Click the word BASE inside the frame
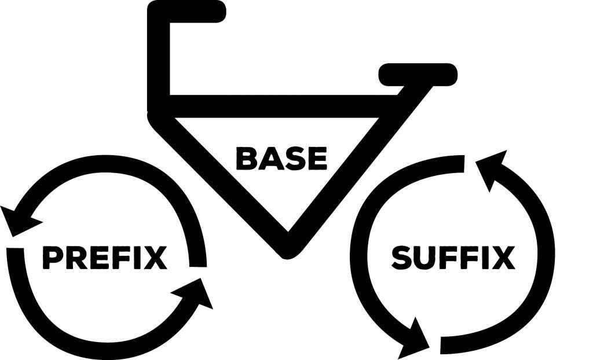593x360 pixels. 281,159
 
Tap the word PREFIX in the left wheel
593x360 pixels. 104,258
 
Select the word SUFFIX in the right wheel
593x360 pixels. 453,258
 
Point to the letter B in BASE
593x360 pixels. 246,159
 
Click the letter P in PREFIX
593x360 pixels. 53,258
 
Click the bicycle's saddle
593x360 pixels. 418,74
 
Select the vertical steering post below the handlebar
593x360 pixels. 159,58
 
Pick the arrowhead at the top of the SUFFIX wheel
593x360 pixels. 492,168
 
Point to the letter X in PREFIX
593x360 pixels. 156,258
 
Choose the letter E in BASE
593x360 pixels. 317,159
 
